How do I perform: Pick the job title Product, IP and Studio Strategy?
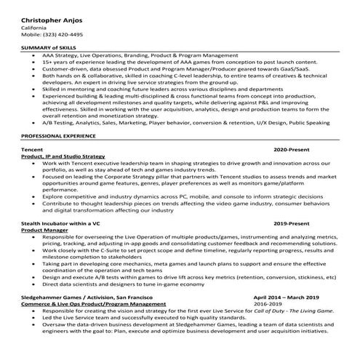tap(64, 156)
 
